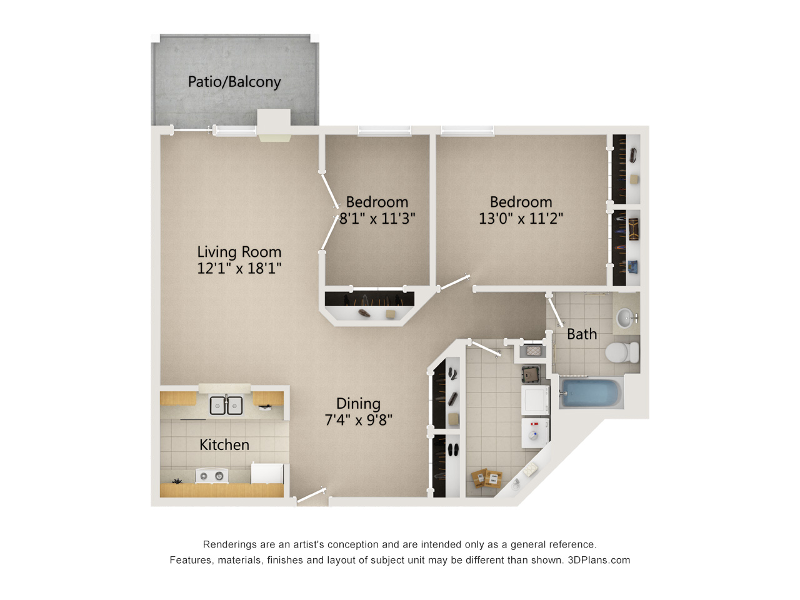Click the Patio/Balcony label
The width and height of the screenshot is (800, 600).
[x=234, y=82]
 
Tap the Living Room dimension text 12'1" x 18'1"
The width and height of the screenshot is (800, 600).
[x=239, y=269]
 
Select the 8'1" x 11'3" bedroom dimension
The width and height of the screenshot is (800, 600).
[x=377, y=219]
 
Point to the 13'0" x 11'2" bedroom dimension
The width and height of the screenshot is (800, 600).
[x=521, y=219]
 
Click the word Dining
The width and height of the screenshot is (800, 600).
[x=358, y=404]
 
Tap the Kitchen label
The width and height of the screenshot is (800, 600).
[x=224, y=445]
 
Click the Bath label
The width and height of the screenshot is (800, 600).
[x=582, y=334]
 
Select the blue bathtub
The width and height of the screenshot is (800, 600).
[x=590, y=394]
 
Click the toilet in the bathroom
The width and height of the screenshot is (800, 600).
[x=622, y=352]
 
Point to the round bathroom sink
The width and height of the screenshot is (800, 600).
[x=625, y=317]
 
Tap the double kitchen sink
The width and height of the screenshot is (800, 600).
[x=226, y=405]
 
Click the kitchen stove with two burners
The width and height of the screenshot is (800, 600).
[x=212, y=476]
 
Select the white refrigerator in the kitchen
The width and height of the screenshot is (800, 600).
[x=267, y=474]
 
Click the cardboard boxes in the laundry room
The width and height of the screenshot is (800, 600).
[x=486, y=478]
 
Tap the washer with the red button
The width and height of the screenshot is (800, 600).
[x=534, y=432]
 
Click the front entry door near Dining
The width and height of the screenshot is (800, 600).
[x=311, y=495]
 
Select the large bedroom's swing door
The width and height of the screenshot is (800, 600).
[x=454, y=282]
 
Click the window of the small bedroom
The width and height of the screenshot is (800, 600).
[x=384, y=131]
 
